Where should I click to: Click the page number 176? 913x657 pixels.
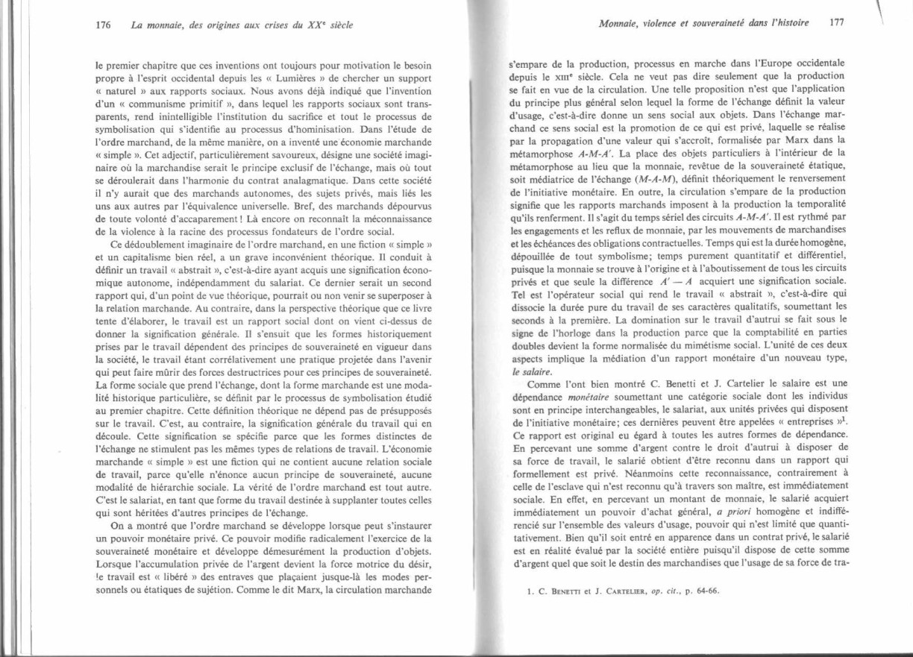(104, 24)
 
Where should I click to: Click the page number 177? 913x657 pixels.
(837, 23)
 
